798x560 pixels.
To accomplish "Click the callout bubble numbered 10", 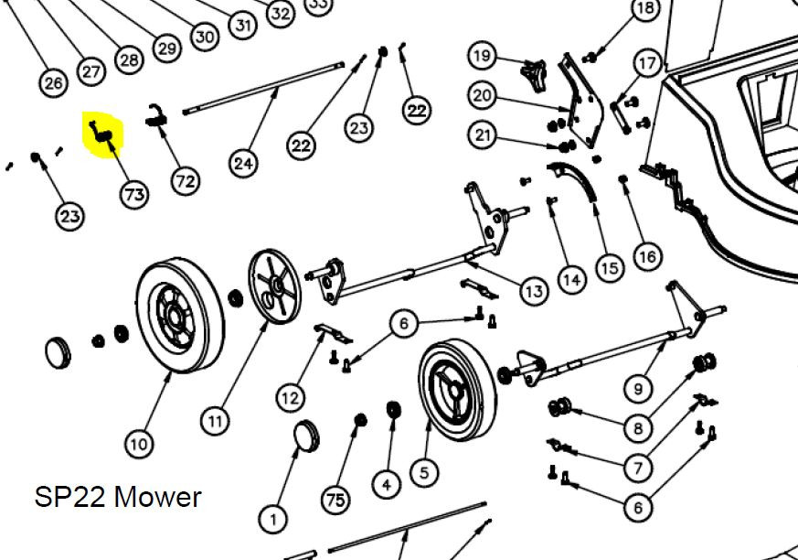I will pos(138,445).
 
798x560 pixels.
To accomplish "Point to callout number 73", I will pos(134,193).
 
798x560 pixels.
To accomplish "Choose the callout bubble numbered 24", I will pos(243,164).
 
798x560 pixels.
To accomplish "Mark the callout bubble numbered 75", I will pos(335,499).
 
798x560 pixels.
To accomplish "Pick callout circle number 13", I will pos(534,291).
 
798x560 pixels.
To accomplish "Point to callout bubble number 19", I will pos(482,56).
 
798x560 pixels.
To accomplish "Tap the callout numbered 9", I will pos(638,388).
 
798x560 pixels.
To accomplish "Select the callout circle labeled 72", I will pos(186,180).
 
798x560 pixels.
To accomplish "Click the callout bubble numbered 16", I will pos(647,255).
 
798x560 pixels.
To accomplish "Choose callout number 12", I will pos(291,397).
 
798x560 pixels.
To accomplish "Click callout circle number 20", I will pos(482,94).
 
